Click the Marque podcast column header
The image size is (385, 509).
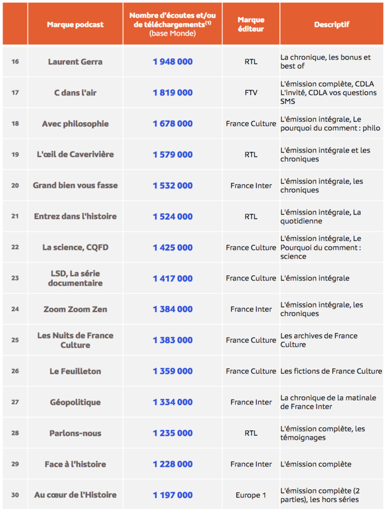[75, 25]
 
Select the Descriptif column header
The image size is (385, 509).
[331, 25]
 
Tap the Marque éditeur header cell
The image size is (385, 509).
[251, 24]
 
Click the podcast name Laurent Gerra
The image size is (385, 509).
[75, 61]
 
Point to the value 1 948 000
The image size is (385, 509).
[173, 61]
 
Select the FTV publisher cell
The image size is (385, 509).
[251, 93]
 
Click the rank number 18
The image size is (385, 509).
[15, 123]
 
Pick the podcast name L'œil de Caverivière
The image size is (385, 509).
[75, 154]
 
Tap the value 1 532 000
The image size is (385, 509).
[173, 185]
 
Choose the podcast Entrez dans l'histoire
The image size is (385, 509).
[75, 216]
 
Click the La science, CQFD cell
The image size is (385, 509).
[75, 247]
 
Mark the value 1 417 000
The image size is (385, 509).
[173, 278]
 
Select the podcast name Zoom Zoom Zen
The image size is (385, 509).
[75, 309]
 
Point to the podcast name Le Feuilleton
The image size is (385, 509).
[75, 371]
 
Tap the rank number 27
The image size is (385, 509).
[15, 402]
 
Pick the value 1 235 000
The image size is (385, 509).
[173, 433]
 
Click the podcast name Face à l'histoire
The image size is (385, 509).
[75, 464]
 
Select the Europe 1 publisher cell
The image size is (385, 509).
[251, 495]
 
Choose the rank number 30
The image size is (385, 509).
[15, 495]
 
